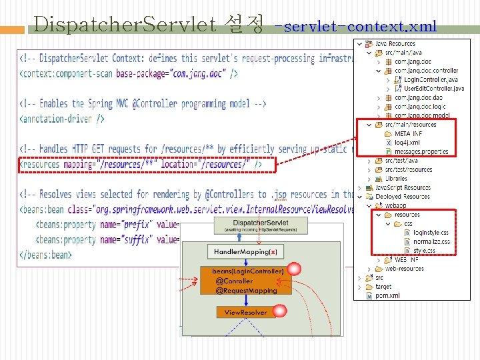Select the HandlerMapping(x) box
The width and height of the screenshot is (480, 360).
(246, 252)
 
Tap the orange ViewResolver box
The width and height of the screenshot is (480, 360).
(245, 312)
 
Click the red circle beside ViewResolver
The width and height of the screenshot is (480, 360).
(279, 311)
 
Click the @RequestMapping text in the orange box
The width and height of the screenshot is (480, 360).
(246, 290)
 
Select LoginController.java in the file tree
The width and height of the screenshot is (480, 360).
(430, 79)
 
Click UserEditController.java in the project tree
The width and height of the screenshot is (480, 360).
(433, 88)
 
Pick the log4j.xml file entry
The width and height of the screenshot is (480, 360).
(407, 143)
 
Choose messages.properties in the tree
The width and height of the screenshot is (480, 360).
(421, 151)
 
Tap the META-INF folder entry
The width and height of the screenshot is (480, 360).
(408, 133)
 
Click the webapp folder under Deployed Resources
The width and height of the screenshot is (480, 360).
(395, 205)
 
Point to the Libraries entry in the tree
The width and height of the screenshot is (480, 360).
(395, 179)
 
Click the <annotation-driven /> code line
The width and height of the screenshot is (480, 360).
(63, 119)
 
